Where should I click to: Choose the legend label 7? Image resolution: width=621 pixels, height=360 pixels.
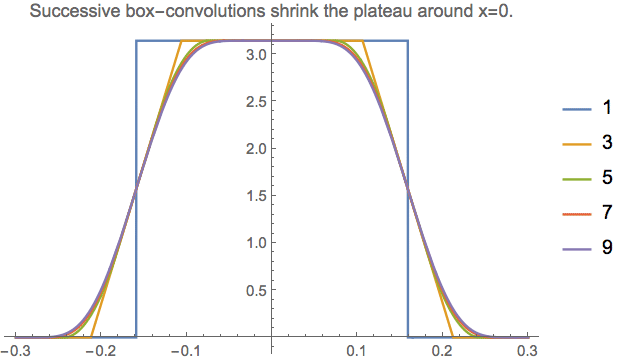(x=604, y=215)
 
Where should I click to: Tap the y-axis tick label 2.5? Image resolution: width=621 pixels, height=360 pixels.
(x=256, y=102)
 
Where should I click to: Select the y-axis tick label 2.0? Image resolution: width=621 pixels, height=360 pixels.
(x=256, y=149)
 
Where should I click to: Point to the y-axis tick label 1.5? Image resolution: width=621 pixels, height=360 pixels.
(x=256, y=196)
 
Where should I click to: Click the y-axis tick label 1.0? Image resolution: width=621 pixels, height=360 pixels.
(x=256, y=243)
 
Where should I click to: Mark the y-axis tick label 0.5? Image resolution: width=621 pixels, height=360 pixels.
(x=256, y=290)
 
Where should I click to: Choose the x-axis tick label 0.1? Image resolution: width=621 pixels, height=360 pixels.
(x=356, y=351)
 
